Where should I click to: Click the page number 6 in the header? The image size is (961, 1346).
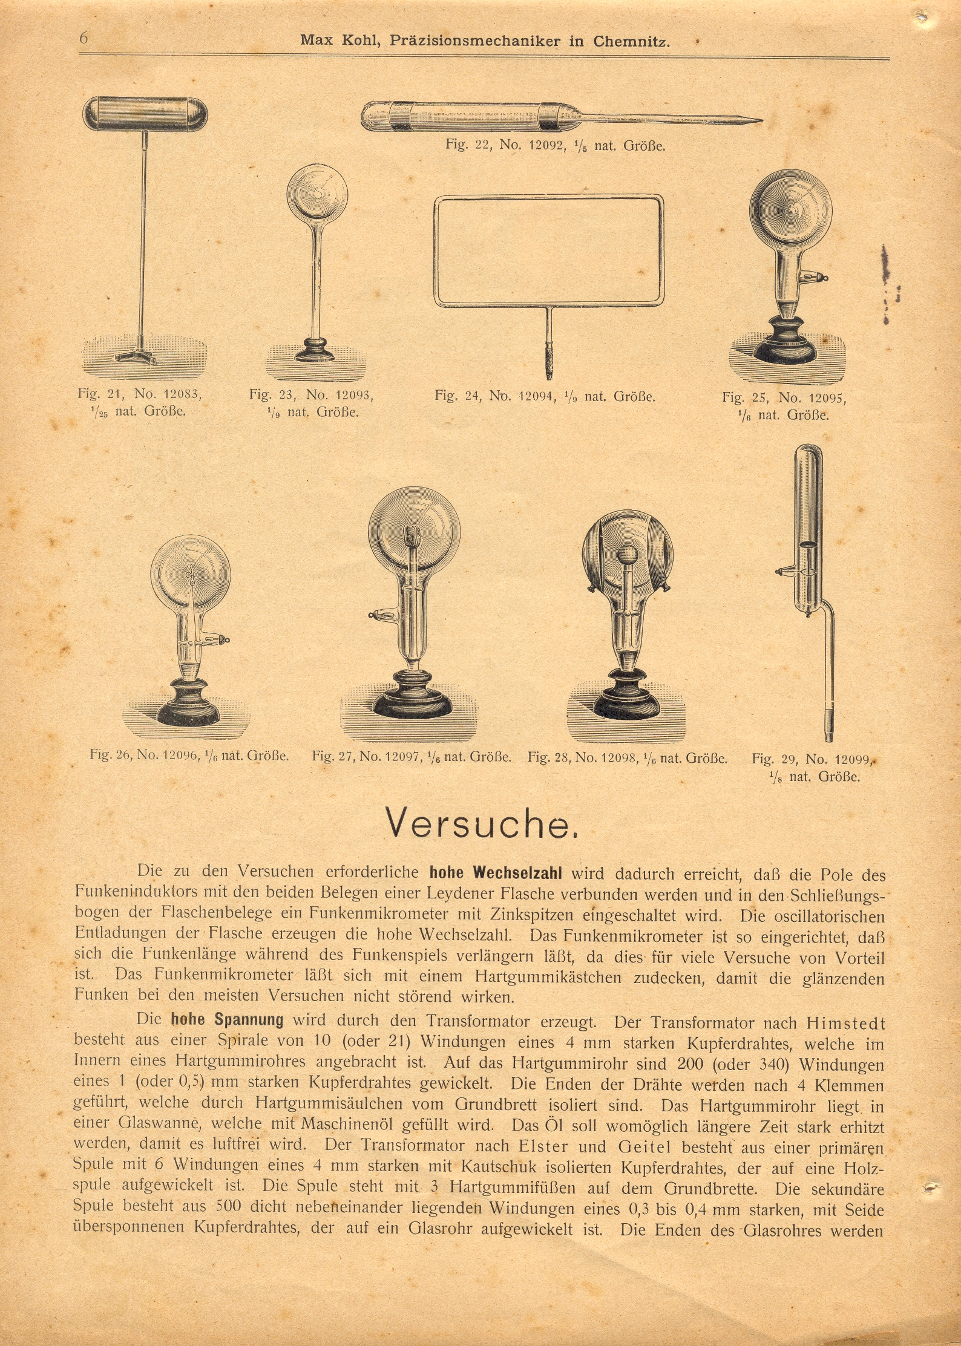click(84, 38)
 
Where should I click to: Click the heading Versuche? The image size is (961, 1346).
click(482, 824)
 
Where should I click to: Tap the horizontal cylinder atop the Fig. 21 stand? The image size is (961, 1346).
click(145, 113)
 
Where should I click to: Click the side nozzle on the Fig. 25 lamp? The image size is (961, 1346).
click(816, 277)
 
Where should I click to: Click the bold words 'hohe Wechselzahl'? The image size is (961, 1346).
click(496, 873)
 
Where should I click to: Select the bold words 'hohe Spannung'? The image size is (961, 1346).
click(227, 1019)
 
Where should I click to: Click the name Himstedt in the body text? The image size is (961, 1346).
click(845, 1023)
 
